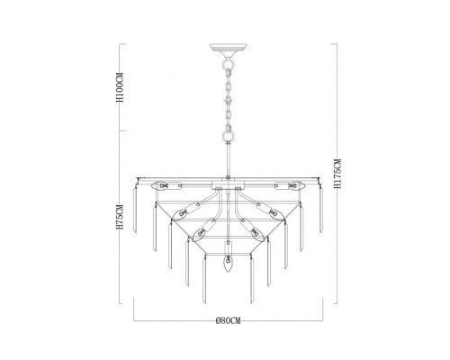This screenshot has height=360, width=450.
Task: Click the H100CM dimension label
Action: [x=120, y=87]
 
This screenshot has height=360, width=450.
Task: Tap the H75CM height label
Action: [x=120, y=217]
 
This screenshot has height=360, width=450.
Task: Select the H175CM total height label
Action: [x=337, y=174]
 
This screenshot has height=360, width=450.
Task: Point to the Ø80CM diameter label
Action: [x=229, y=320]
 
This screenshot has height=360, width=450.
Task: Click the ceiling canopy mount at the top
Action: [x=228, y=48]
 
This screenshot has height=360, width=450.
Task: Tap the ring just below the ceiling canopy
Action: [x=228, y=64]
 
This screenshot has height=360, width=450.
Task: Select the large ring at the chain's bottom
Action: [x=228, y=136]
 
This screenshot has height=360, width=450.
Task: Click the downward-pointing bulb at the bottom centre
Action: [x=229, y=263]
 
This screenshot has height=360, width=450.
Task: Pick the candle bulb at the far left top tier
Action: [x=160, y=185]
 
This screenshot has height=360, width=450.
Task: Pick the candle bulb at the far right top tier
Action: [x=296, y=185]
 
